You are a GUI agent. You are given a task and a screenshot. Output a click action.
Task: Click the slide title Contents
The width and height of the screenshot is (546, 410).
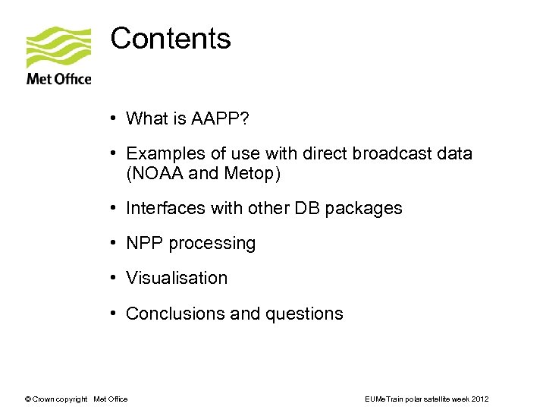[171, 38]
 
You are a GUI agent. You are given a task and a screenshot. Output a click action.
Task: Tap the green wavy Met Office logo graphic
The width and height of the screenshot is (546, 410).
[58, 47]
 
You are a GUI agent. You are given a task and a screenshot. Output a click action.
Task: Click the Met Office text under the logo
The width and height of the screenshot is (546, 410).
[58, 78]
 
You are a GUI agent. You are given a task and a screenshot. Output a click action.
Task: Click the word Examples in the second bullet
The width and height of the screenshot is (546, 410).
[162, 154]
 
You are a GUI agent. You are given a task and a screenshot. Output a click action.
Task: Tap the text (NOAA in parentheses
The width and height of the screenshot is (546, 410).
[155, 174]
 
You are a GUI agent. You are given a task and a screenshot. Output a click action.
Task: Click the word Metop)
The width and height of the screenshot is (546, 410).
[253, 174]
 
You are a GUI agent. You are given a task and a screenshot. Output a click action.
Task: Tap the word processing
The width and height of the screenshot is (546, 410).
[212, 244]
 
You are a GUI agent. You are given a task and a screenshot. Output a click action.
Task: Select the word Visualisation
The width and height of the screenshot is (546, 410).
[177, 278]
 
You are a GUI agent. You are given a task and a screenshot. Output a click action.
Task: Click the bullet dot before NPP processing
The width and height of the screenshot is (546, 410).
[112, 243]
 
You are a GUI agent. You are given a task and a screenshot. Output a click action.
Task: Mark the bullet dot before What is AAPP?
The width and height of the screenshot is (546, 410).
[112, 118]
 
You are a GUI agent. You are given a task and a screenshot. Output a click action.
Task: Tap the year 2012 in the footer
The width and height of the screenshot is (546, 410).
[479, 399]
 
